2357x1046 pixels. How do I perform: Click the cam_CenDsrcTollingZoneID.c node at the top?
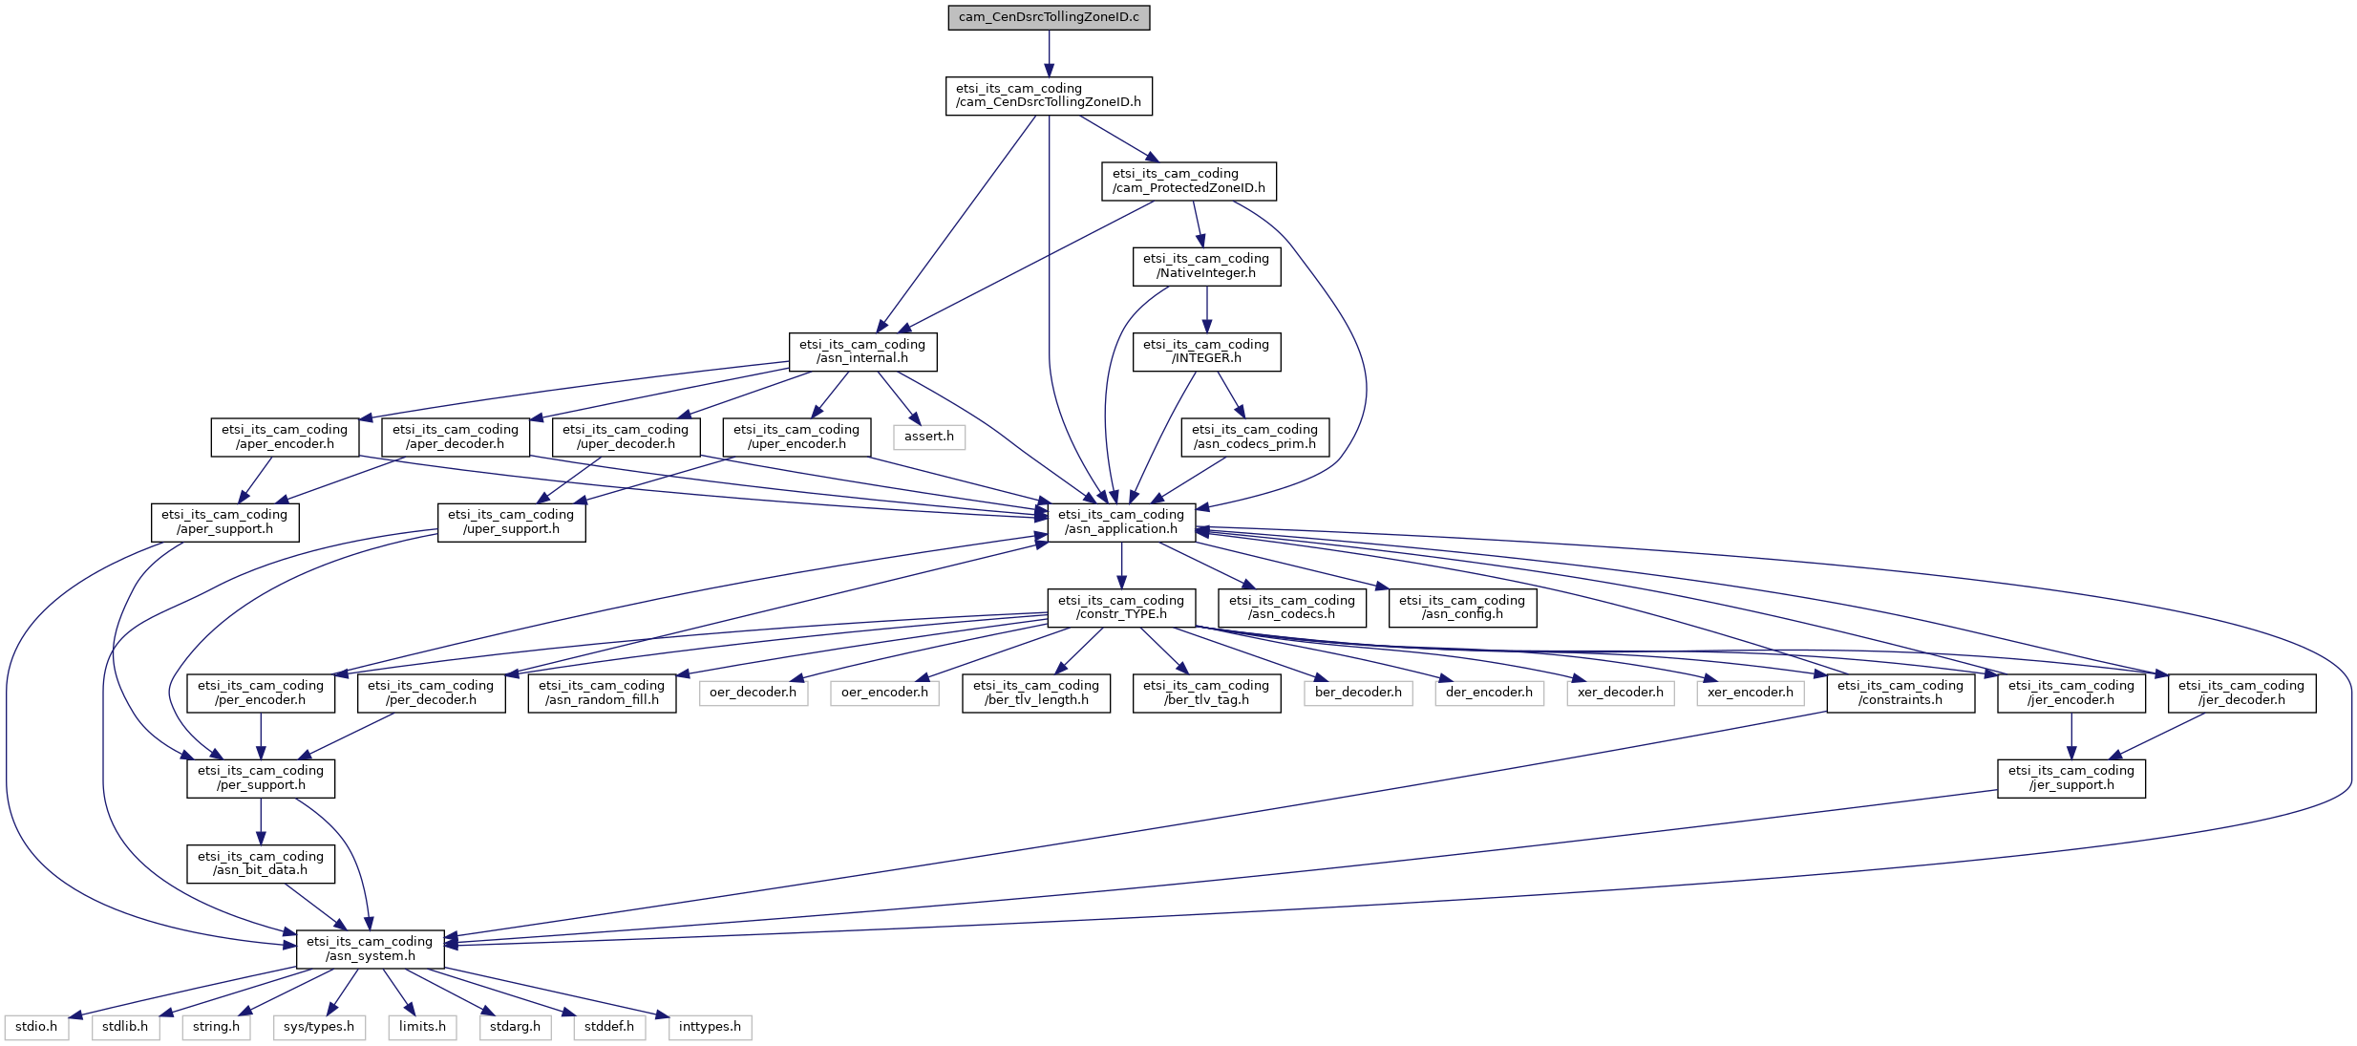1049,17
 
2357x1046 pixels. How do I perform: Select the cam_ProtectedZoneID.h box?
1189,181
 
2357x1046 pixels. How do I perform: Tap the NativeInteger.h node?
1206,266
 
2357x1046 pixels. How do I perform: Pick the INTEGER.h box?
1206,352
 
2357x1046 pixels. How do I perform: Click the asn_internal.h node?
862,352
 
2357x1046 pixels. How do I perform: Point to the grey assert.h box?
929,437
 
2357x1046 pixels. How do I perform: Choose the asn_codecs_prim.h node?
1255,437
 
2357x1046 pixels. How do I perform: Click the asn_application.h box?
1121,522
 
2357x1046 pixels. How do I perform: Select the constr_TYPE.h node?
1121,608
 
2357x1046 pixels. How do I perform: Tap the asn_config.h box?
1462,608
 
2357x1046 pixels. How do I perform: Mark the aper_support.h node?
224,522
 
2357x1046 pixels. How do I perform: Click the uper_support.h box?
511,522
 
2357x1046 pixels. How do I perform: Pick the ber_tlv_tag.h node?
1206,693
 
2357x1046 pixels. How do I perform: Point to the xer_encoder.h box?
1751,693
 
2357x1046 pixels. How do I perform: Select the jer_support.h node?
2071,778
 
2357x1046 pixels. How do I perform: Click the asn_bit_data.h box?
261,864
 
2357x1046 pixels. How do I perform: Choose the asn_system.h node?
370,949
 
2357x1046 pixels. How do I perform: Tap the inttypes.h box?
710,1027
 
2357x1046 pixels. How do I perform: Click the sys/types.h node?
319,1027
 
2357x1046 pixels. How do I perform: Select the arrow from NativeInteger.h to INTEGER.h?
1206,310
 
